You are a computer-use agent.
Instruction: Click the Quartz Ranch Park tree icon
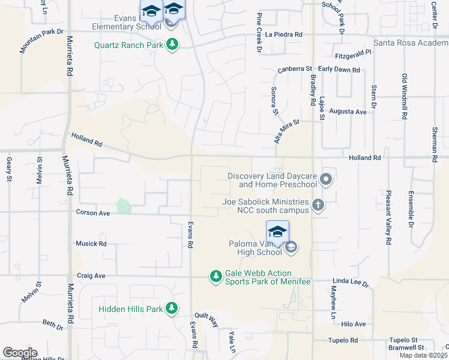pos(172,44)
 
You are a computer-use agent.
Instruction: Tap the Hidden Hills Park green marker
pos(172,308)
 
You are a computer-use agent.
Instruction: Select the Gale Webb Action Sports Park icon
pos(215,276)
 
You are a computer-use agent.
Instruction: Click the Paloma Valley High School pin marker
pos(277,232)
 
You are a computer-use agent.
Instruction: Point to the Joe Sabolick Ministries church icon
pos(318,206)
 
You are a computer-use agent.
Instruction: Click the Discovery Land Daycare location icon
pos(326,179)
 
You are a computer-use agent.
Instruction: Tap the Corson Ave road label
pos(92,212)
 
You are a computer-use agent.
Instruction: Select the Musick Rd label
pos(91,244)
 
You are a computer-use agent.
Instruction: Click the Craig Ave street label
pos(91,275)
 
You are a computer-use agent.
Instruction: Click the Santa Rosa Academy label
pos(411,43)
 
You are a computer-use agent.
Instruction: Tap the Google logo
pos(20,353)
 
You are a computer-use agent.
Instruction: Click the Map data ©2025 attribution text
pos(423,355)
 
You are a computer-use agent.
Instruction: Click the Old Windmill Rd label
pos(405,96)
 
